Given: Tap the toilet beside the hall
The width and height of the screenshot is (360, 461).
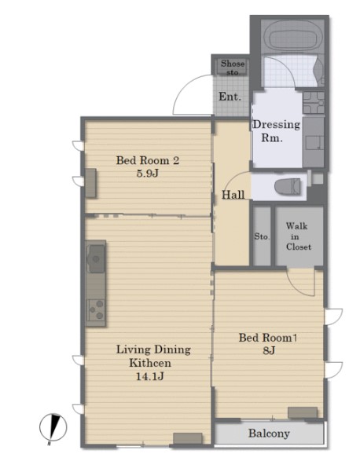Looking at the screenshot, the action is pyautogui.click(x=288, y=187).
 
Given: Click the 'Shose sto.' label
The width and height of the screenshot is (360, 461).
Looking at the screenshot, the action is pyautogui.click(x=233, y=68).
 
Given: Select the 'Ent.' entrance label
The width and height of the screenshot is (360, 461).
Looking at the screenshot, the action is pyautogui.click(x=230, y=97).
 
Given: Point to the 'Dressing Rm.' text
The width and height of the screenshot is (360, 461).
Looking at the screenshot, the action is pyautogui.click(x=276, y=131).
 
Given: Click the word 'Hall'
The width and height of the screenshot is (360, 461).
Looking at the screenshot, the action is pyautogui.click(x=233, y=195).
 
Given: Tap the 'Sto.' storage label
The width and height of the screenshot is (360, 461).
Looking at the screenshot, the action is pyautogui.click(x=262, y=236).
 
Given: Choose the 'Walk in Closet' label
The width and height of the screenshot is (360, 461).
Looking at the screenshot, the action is pyautogui.click(x=298, y=236).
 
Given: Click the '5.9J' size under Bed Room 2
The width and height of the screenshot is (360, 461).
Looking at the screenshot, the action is pyautogui.click(x=148, y=174).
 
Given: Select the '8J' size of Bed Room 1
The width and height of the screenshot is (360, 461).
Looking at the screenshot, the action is pyautogui.click(x=269, y=350).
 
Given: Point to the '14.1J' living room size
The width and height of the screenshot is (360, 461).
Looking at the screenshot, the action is pyautogui.click(x=150, y=376).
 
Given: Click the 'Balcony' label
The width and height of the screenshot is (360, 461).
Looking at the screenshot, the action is pyautogui.click(x=269, y=434).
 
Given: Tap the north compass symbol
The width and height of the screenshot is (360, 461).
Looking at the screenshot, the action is pyautogui.click(x=53, y=428).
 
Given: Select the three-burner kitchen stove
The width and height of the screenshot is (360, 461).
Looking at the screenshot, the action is pyautogui.click(x=97, y=310).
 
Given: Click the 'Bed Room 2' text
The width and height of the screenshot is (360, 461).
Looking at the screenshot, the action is pyautogui.click(x=148, y=160).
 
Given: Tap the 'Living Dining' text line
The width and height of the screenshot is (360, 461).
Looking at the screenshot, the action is pyautogui.click(x=153, y=349).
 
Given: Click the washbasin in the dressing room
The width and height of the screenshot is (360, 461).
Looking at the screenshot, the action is pyautogui.click(x=314, y=102).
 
